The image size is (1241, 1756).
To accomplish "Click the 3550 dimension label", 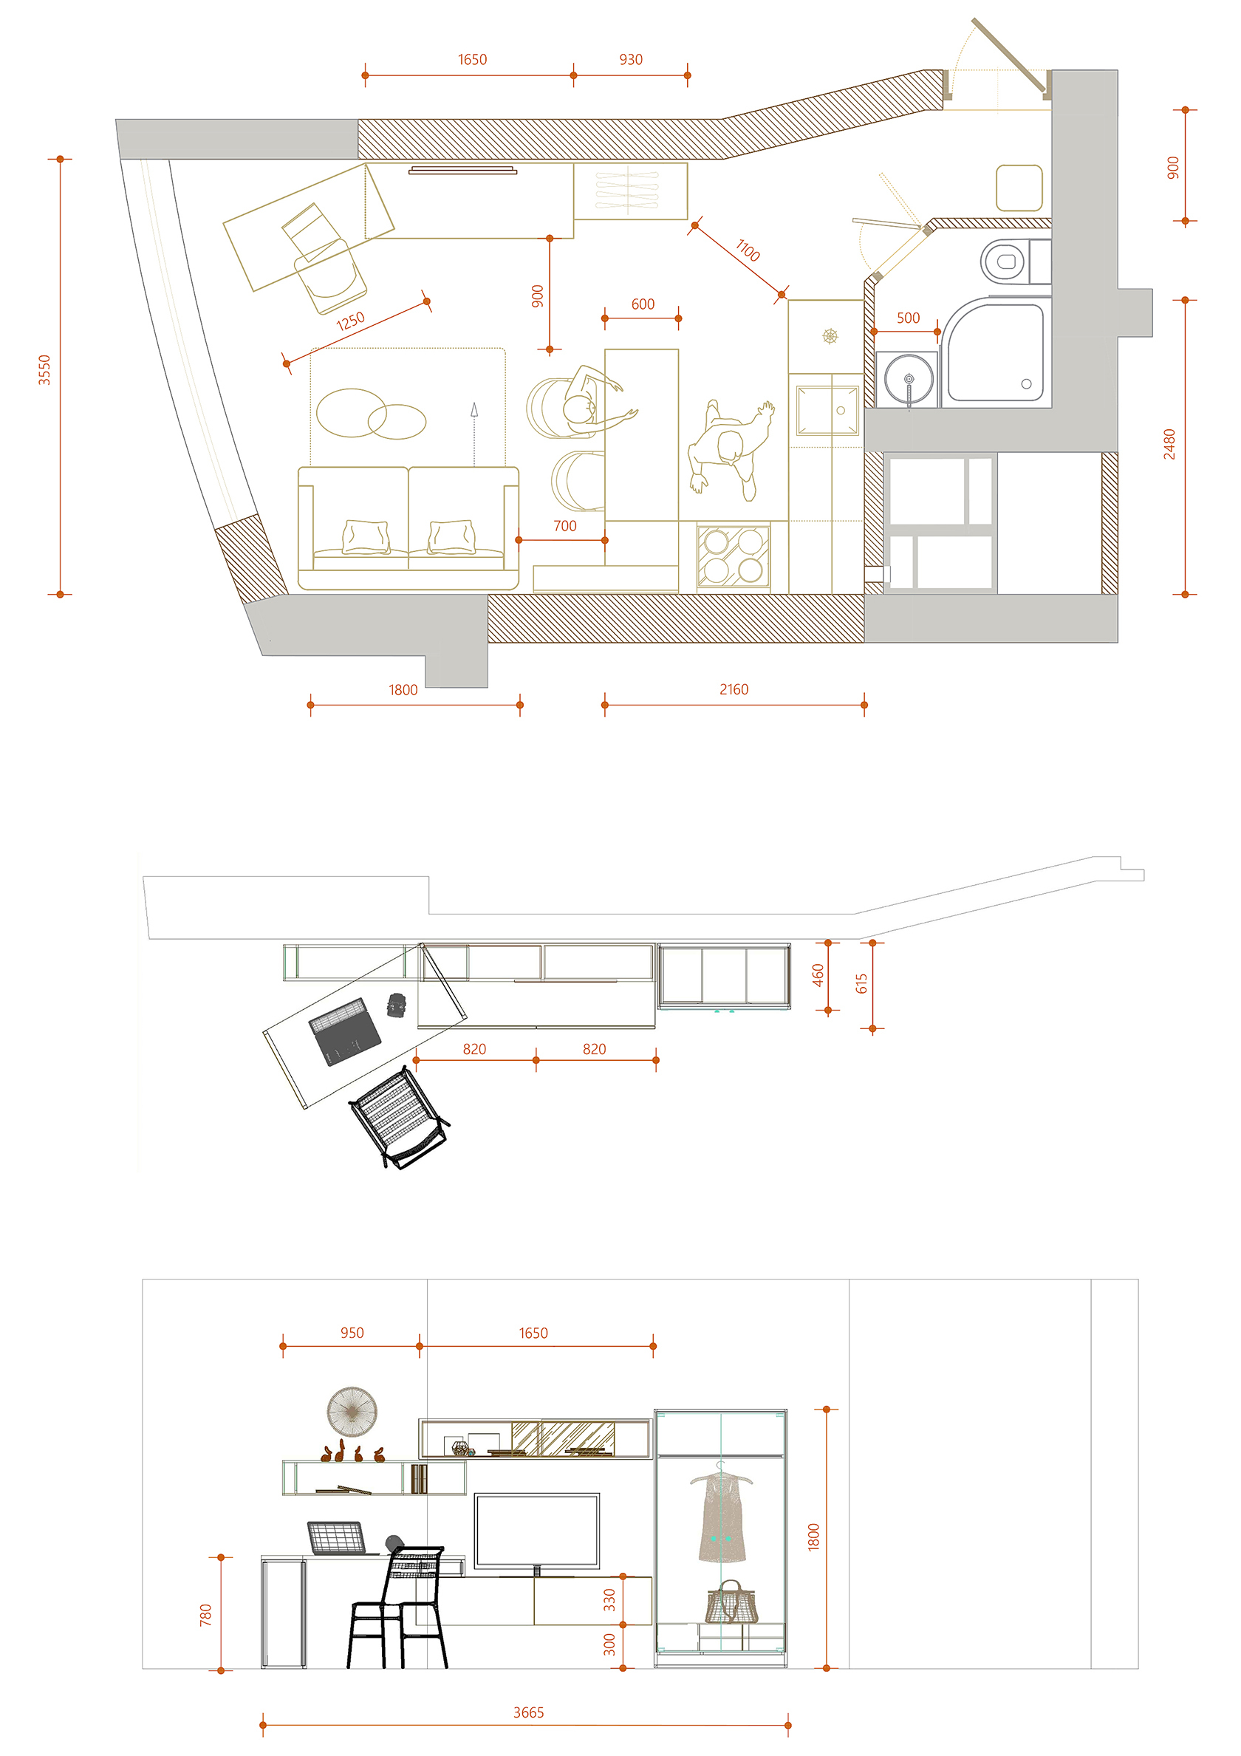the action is click(x=44, y=369).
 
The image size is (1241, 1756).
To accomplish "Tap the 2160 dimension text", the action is click(x=734, y=689).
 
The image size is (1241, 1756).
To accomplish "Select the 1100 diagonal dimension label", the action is click(x=747, y=250).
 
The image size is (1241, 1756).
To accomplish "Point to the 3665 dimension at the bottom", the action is click(x=528, y=1712).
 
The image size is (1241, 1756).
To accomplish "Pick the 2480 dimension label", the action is click(x=1169, y=444).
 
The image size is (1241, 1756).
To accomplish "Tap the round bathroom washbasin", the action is click(x=909, y=378).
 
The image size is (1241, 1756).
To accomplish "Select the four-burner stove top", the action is click(x=734, y=557).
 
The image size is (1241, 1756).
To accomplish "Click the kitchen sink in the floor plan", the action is click(x=827, y=411).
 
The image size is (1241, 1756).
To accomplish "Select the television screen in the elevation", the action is click(x=537, y=1530).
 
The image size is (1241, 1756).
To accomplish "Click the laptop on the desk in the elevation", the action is click(x=337, y=1538).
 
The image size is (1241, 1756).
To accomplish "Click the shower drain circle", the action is click(x=1026, y=384).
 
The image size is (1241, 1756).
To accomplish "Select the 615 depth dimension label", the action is click(x=862, y=983).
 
